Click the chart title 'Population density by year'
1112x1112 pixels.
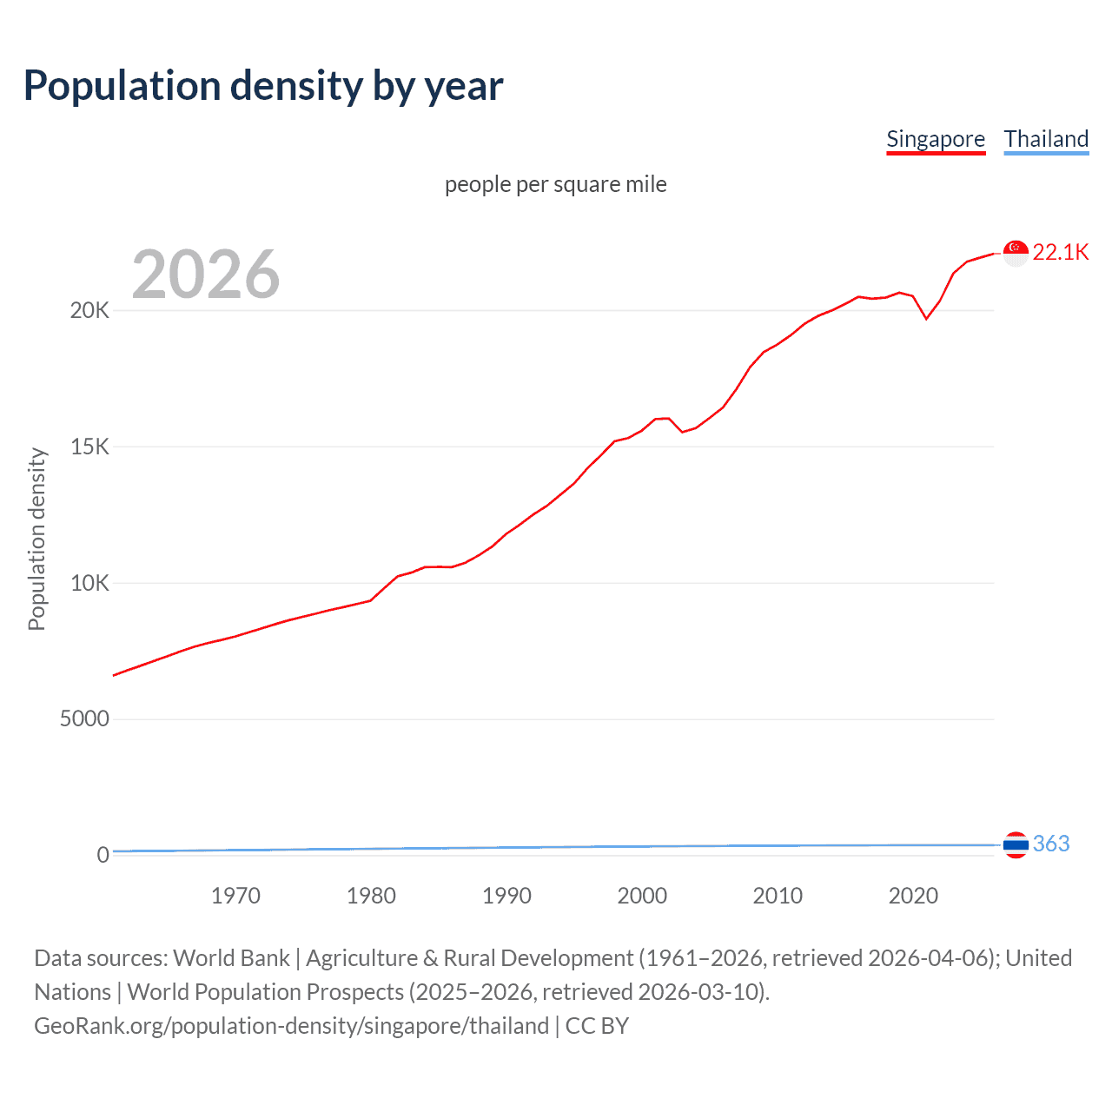(x=263, y=86)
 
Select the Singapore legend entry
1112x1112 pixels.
(x=936, y=139)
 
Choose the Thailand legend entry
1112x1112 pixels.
(x=1046, y=139)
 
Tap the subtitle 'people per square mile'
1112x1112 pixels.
(x=556, y=184)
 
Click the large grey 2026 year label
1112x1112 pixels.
(x=206, y=275)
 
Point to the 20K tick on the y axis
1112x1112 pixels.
(x=89, y=311)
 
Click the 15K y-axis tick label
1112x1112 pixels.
(x=89, y=447)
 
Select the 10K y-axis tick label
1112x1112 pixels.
(x=89, y=583)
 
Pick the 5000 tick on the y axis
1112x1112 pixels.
(x=84, y=719)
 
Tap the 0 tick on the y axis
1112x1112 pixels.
(x=103, y=855)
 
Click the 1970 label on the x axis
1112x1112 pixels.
(x=235, y=896)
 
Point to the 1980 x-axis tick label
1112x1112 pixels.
(x=371, y=896)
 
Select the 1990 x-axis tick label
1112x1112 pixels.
(x=506, y=896)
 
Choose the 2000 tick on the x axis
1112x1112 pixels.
(x=642, y=896)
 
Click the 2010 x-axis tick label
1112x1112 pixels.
(x=778, y=896)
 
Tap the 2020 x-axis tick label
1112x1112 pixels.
(x=913, y=896)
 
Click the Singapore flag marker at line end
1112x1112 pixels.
(x=1016, y=253)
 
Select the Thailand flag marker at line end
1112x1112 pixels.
(x=1016, y=844)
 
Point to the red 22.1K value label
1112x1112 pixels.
(x=1061, y=252)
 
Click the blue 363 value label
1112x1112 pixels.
(x=1051, y=844)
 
